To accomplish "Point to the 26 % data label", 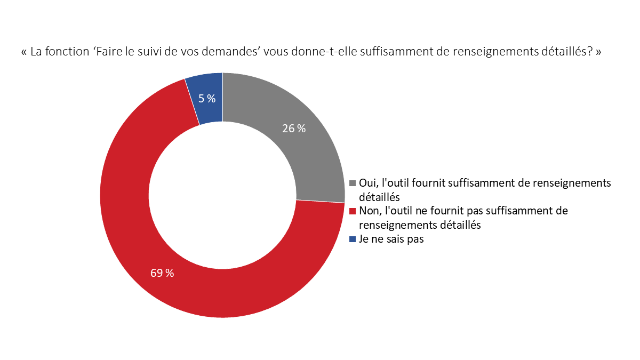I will click(294, 129).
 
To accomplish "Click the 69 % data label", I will click(162, 273).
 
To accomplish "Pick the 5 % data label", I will click(207, 99).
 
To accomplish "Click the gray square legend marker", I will click(353, 183).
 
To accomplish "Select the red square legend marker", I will click(353, 211).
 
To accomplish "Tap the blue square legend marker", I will click(353, 239).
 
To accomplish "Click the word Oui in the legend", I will click(367, 182).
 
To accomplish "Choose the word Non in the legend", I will click(369, 211).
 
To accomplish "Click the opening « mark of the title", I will click(24, 53).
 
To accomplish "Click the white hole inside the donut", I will click(222, 195).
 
